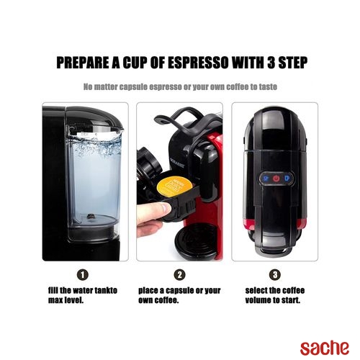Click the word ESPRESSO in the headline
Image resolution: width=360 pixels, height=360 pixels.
pyautogui.click(x=198, y=63)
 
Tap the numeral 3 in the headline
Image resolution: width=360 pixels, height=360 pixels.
pyautogui.click(x=271, y=63)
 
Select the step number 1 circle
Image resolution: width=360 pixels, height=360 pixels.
pyautogui.click(x=83, y=274)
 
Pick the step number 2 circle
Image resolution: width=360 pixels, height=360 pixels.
pyautogui.click(x=179, y=274)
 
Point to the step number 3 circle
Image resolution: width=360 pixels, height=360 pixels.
pyautogui.click(x=275, y=274)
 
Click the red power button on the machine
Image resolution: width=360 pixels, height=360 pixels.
pyautogui.click(x=276, y=179)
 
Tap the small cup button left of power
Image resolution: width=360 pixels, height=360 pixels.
pyautogui.click(x=265, y=179)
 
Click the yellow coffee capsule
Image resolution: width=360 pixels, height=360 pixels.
pyautogui.click(x=174, y=187)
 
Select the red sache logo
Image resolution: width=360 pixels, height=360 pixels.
pyautogui.click(x=325, y=348)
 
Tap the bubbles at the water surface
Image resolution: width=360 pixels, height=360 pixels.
pyautogui.click(x=96, y=145)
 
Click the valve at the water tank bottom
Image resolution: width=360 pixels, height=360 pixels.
pyautogui.click(x=91, y=217)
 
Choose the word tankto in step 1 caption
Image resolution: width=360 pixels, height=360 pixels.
pyautogui.click(x=106, y=290)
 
